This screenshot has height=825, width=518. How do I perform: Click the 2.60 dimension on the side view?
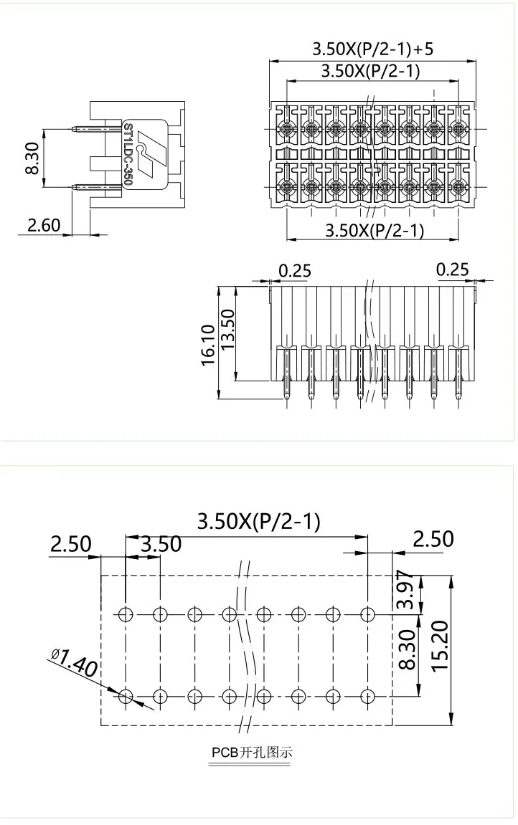point(44,225)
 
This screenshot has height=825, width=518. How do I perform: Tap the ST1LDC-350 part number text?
point(127,155)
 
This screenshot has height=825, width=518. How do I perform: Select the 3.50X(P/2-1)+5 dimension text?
point(372,49)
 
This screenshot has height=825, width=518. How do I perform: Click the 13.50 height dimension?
point(228,330)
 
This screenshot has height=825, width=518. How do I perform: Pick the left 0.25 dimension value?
point(295,270)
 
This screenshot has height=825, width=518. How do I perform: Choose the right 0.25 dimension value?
point(453,270)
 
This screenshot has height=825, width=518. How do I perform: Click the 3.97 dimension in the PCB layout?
point(405,590)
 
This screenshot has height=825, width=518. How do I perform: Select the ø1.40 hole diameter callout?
point(75,663)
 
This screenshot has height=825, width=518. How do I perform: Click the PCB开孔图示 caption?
point(252,753)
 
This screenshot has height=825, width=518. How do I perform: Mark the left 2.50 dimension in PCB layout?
point(70,544)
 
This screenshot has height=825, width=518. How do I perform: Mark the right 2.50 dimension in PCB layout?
point(433,538)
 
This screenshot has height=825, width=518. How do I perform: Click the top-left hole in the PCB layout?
point(126,614)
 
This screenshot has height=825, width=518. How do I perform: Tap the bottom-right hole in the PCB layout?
point(368,695)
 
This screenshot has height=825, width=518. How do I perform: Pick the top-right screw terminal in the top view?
point(459,129)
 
